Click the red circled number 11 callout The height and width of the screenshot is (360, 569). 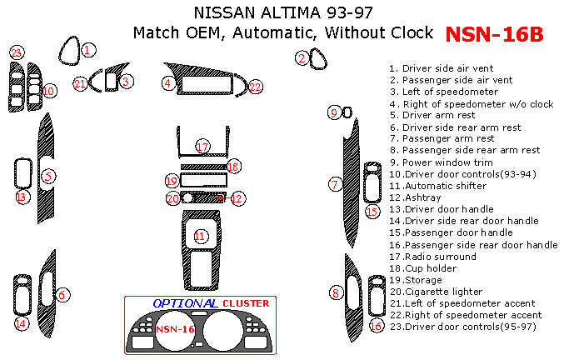(x=200, y=237)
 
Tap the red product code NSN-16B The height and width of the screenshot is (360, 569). (x=494, y=34)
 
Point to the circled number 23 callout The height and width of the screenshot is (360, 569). (x=17, y=53)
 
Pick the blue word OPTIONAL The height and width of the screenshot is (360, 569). (x=185, y=303)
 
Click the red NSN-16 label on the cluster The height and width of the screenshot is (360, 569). (x=175, y=329)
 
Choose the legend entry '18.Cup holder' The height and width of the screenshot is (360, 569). (x=422, y=268)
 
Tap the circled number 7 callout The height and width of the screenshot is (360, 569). (x=335, y=184)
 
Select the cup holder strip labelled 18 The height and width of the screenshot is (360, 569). (x=203, y=167)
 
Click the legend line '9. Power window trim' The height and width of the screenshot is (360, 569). (x=442, y=162)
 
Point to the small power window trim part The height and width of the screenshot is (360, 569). (x=347, y=112)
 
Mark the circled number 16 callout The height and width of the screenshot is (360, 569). (x=377, y=326)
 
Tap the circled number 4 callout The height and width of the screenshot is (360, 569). (x=168, y=83)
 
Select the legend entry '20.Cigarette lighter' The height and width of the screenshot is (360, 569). (x=436, y=292)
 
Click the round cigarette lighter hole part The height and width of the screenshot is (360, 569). (x=187, y=197)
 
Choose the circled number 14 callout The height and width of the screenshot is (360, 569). (x=21, y=322)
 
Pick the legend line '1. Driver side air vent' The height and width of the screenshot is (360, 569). (x=442, y=68)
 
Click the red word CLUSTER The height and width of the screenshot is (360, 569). (x=246, y=303)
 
